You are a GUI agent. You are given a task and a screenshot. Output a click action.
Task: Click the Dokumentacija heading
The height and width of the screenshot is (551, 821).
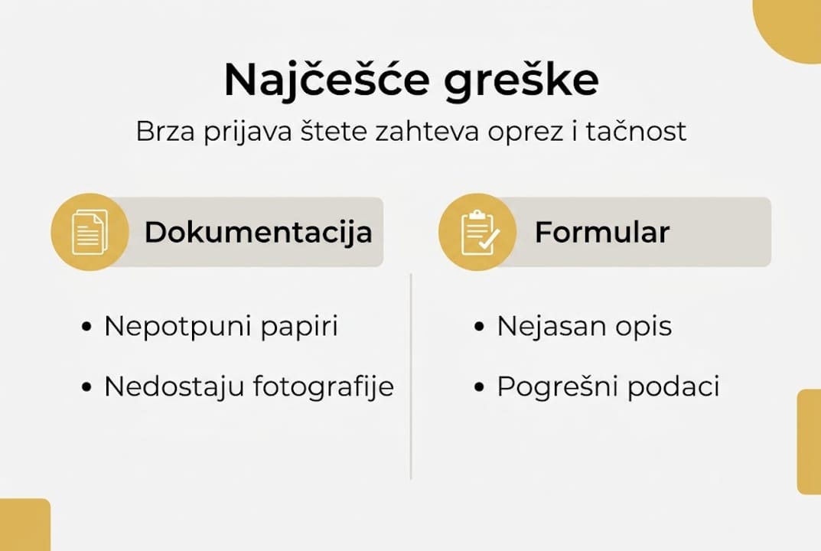click(x=258, y=232)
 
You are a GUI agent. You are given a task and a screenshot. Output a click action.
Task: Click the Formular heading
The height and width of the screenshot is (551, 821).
click(x=601, y=232)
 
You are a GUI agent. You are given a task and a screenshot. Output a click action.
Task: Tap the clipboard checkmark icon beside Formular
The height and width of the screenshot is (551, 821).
click(x=478, y=232)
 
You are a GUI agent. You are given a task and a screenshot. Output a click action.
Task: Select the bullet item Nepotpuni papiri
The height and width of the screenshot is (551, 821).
click(x=220, y=326)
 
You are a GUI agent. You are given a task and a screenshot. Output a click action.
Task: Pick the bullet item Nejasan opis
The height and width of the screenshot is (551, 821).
click(x=584, y=326)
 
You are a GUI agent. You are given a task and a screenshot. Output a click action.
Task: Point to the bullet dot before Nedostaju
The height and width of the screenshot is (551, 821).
click(x=86, y=387)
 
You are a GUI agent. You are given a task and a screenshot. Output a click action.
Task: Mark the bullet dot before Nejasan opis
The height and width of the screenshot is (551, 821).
click(x=480, y=327)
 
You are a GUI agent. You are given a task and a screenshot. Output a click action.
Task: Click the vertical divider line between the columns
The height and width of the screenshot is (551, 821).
click(x=411, y=375)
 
